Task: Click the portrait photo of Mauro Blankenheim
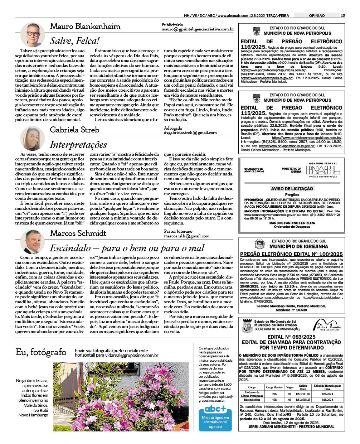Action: [32, 35]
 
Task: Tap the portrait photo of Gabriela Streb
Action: [32, 138]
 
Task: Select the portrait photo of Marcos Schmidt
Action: [32, 242]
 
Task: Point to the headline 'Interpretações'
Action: [78, 145]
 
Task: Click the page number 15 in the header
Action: [342, 15]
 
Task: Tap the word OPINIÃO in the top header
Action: [317, 15]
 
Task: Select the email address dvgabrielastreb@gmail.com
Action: [190, 132]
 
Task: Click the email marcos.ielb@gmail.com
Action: [186, 236]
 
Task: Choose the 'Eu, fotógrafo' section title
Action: [41, 352]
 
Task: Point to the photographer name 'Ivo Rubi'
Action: [40, 410]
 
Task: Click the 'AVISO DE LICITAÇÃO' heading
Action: [292, 188]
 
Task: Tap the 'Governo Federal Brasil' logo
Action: [323, 170]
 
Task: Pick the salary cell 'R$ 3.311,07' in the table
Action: [303, 394]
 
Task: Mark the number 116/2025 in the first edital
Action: [253, 47]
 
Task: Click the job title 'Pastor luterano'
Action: [178, 231]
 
